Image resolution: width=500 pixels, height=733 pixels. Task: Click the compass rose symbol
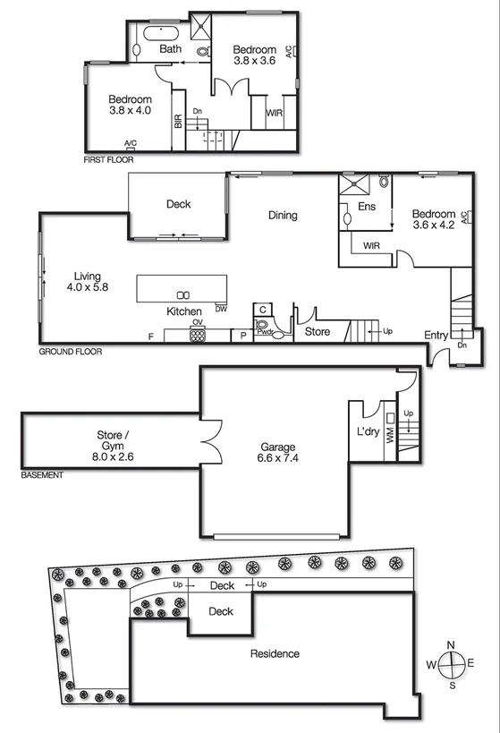(452, 663)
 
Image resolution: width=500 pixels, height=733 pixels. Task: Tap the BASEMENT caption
(42, 475)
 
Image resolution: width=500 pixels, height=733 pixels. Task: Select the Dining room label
(283, 215)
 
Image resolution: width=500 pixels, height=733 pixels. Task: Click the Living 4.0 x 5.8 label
(87, 282)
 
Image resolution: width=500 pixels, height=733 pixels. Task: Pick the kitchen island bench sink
(182, 294)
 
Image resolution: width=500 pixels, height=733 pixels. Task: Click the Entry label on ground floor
(436, 336)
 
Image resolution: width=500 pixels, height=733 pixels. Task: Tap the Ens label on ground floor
(365, 207)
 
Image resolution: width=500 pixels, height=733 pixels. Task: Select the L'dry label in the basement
(369, 432)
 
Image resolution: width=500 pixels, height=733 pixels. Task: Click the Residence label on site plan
(275, 653)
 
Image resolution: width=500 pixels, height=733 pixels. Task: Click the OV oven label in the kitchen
(198, 322)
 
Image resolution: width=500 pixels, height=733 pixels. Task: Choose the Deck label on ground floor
(179, 204)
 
